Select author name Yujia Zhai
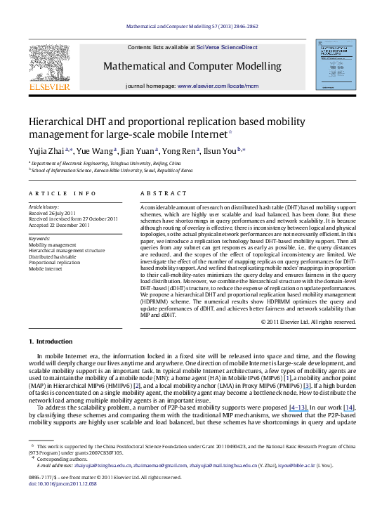pyautogui.click(x=44, y=150)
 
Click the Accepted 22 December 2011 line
pyautogui.click(x=59, y=224)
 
